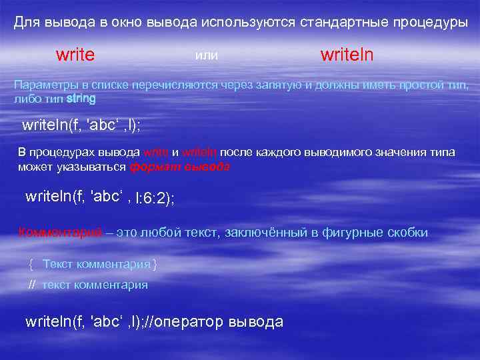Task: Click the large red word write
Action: tap(75, 55)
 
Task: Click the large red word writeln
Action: tap(347, 55)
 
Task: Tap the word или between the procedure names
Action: tap(207, 56)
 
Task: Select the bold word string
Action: tap(81, 99)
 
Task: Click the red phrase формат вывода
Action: tap(180, 167)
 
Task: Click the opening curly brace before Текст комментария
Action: tap(31, 264)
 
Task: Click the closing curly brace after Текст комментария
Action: tap(155, 264)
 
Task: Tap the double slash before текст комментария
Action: tap(32, 285)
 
